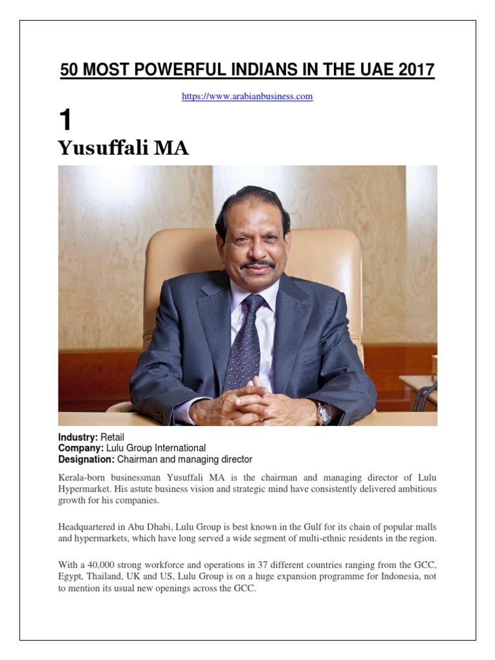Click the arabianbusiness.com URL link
click(x=247, y=97)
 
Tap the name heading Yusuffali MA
click(x=123, y=148)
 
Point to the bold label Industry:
click(x=78, y=437)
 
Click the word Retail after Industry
click(x=112, y=437)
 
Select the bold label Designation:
click(x=86, y=459)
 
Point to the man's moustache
click(x=258, y=264)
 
